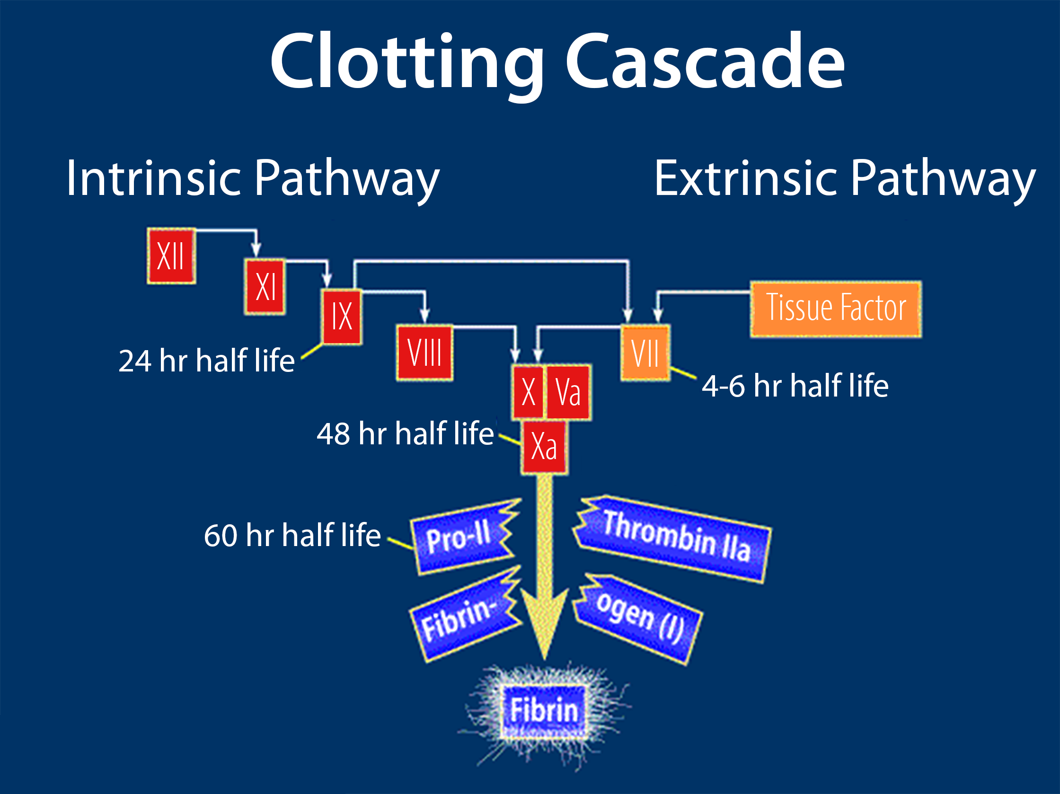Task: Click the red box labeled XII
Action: [x=171, y=256]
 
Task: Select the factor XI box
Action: [x=265, y=287]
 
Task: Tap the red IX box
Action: [x=342, y=317]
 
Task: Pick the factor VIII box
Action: [x=424, y=353]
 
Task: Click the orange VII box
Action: [x=645, y=353]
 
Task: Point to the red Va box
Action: [x=568, y=392]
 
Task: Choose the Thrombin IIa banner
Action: [x=672, y=538]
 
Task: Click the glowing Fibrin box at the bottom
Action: [x=544, y=711]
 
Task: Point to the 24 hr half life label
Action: [x=206, y=361]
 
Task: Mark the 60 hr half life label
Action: [x=292, y=535]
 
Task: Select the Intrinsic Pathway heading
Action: [x=253, y=178]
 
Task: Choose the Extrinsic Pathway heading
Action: [x=845, y=178]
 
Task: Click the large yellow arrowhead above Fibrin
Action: [x=544, y=623]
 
